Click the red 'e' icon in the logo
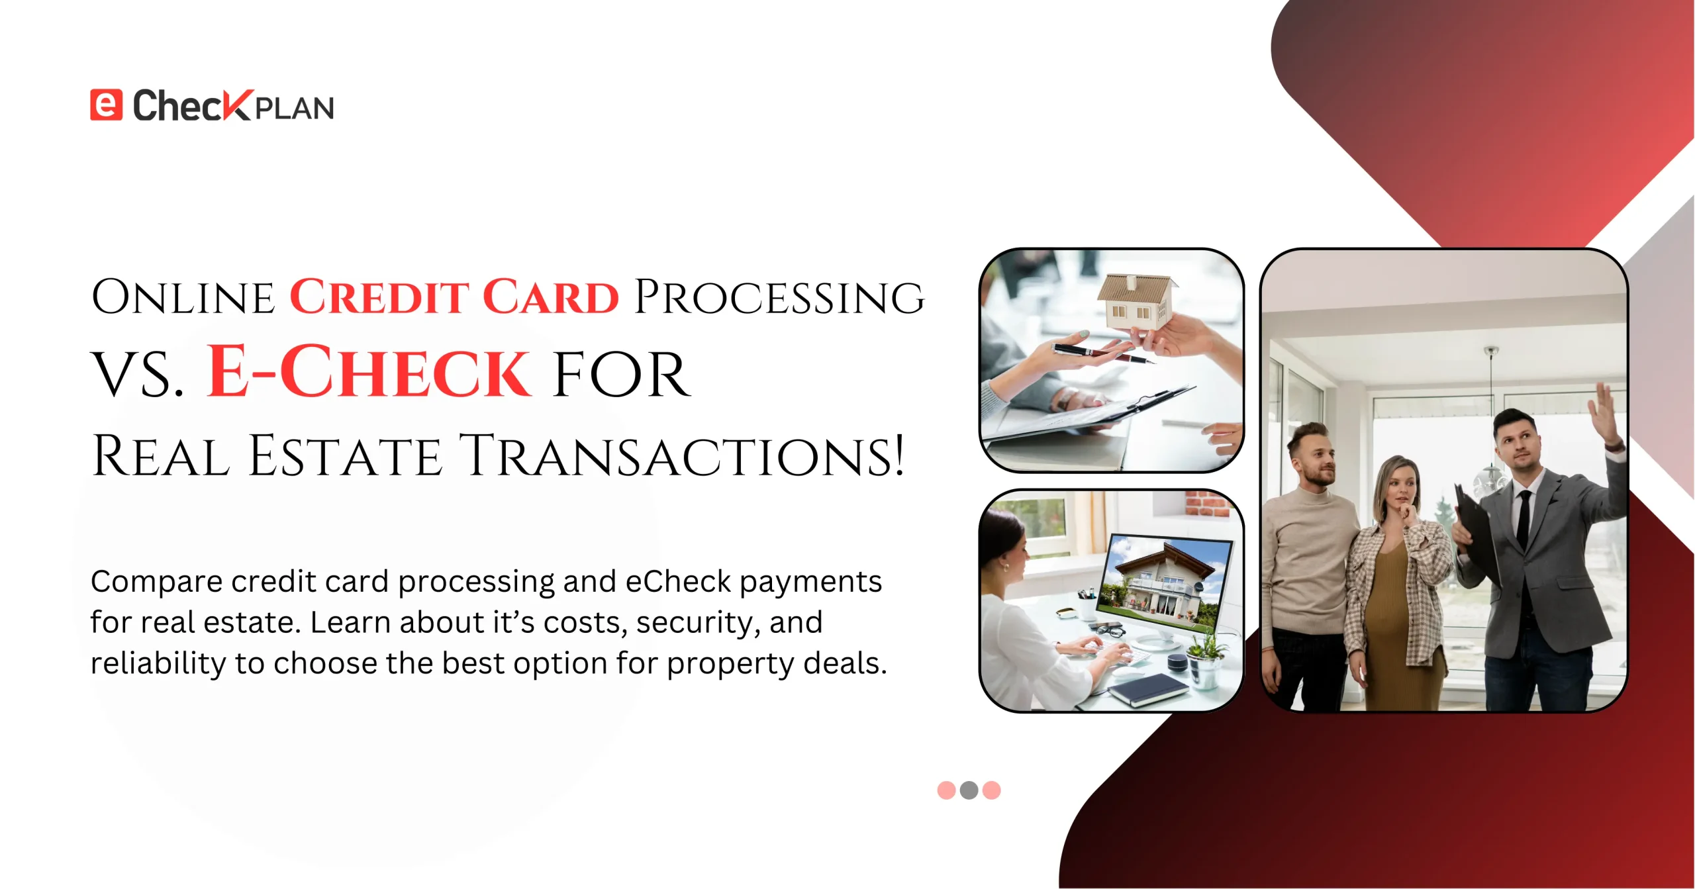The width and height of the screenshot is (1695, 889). pos(107,105)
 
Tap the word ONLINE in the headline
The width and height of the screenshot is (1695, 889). pos(183,297)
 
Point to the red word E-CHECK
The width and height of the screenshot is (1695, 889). pos(369,371)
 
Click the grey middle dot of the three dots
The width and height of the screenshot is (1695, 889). pos(969,790)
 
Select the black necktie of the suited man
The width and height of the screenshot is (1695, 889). pos(1524,520)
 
